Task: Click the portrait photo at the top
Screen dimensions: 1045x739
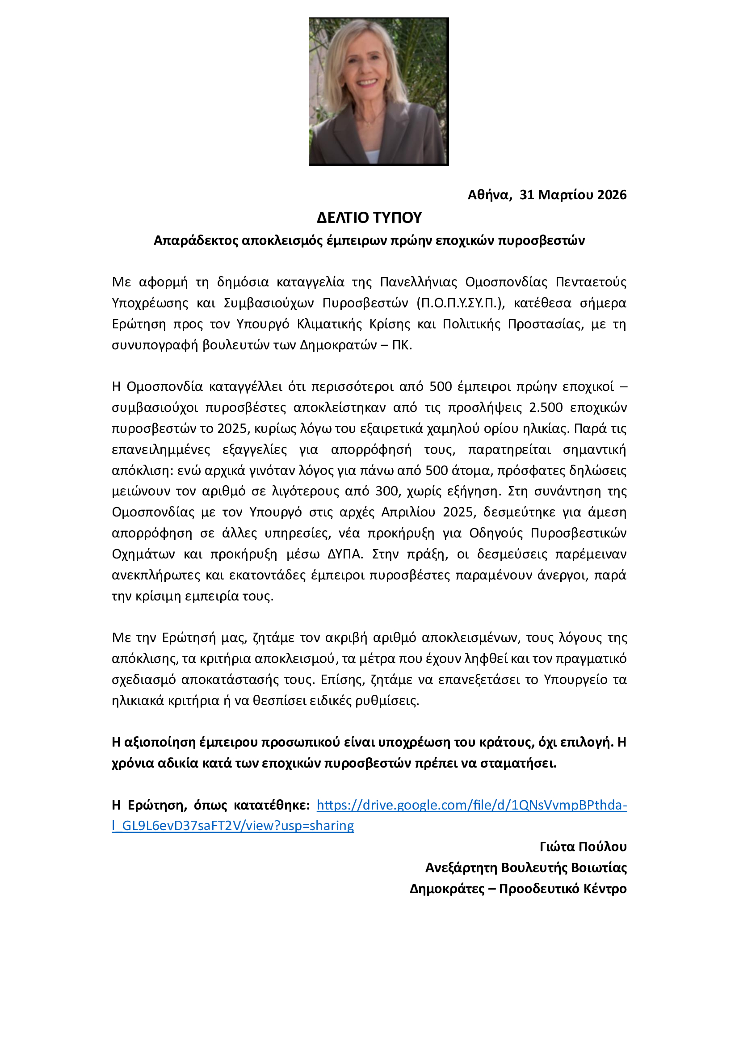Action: [x=378, y=92]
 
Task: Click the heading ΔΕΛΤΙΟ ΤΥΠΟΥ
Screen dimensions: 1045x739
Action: [x=369, y=218]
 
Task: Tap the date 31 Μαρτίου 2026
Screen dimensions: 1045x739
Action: [x=573, y=195]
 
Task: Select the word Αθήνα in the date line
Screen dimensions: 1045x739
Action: [x=488, y=195]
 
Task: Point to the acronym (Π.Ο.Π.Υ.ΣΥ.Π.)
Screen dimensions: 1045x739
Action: [x=460, y=303]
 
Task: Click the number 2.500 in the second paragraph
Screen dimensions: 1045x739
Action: [x=546, y=407]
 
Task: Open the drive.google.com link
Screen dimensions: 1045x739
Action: [x=471, y=805]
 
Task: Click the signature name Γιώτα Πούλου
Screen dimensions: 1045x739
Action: [x=583, y=847]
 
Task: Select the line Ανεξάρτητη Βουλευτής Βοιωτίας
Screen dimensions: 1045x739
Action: [x=525, y=868]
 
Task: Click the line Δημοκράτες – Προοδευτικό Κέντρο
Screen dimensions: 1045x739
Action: [x=518, y=889]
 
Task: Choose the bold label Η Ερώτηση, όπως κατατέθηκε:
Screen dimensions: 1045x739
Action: [x=211, y=805]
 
